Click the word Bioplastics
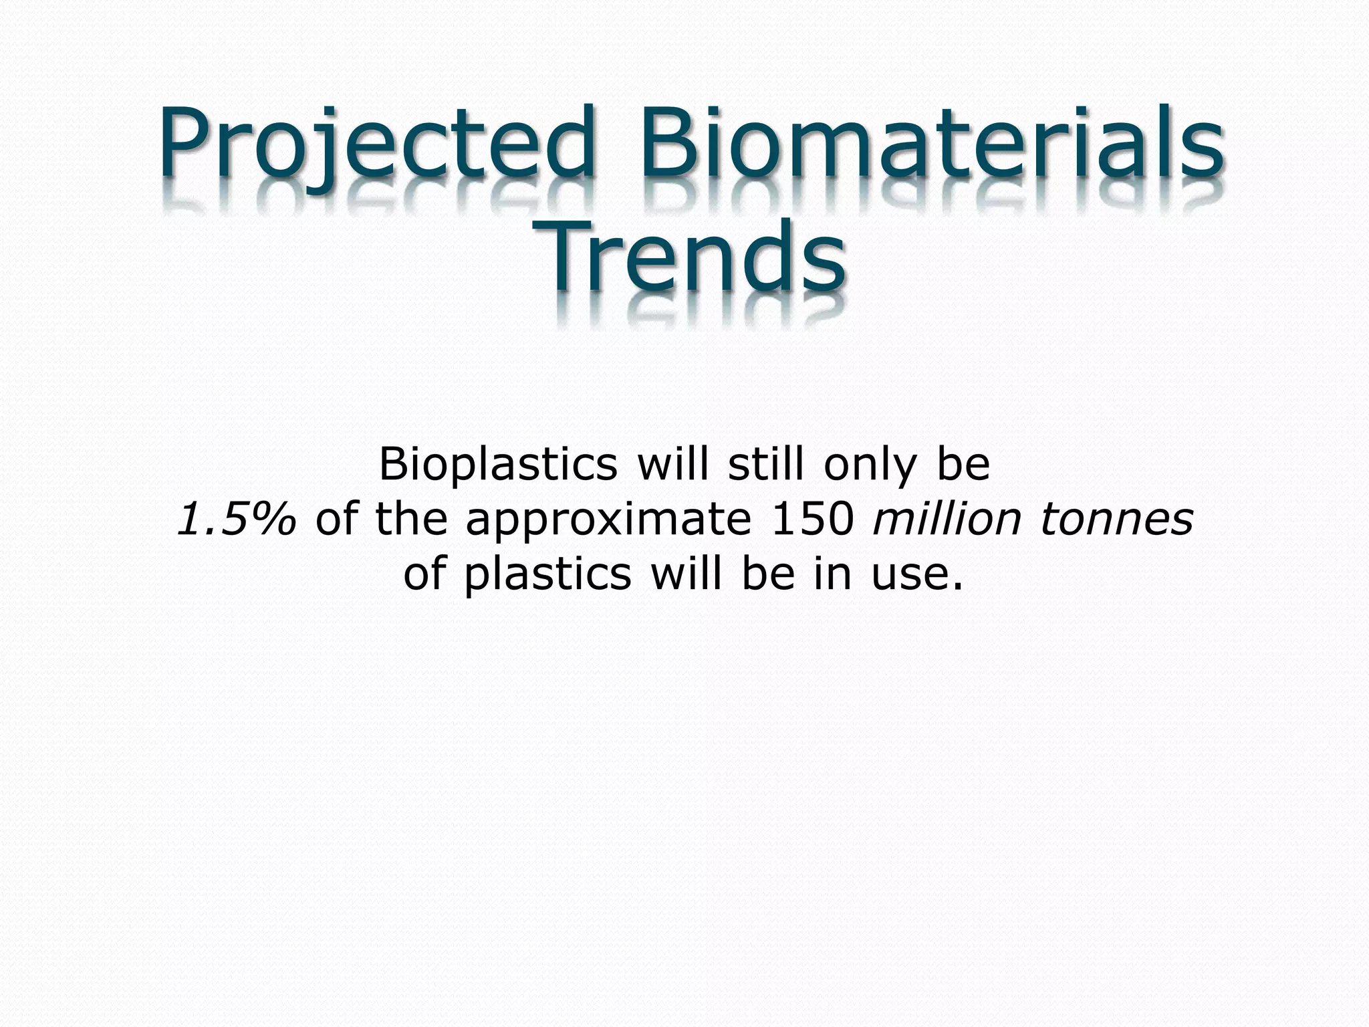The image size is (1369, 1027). click(x=498, y=465)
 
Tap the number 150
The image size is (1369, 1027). click(x=813, y=520)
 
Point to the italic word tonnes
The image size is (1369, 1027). click(x=1116, y=520)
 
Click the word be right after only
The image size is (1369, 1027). click(x=963, y=464)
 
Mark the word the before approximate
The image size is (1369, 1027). click(x=411, y=520)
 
